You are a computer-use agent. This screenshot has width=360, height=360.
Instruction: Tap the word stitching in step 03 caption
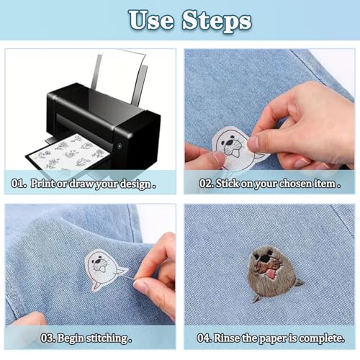[x=107, y=337]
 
